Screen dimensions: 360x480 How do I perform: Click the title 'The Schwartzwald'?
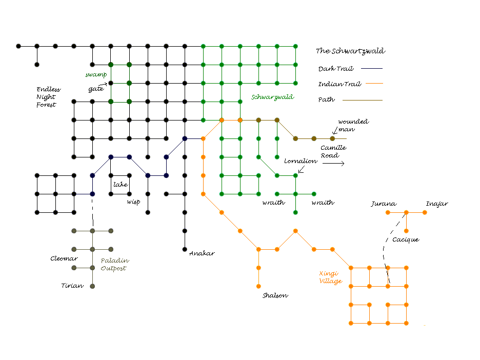350,51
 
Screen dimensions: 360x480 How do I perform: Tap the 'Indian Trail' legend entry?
336,84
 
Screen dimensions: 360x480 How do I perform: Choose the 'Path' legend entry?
326,99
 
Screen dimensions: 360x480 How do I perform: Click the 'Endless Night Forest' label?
48,97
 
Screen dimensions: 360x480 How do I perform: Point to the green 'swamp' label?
95,74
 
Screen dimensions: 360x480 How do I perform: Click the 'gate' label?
96,89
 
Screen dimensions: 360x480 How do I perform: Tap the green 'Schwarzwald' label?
272,97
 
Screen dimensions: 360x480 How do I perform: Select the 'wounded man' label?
353,126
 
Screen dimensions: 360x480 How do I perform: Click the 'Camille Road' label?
333,151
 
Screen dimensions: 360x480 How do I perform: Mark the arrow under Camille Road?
333,164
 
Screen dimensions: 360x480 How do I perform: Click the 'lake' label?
121,185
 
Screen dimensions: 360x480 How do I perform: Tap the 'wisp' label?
133,202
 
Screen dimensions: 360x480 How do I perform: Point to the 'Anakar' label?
202,253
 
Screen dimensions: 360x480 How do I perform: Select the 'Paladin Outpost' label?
113,264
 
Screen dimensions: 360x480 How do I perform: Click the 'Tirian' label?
72,286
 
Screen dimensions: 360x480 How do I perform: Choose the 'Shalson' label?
275,295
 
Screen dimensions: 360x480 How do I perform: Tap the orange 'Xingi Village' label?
331,277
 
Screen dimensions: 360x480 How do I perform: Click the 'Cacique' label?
405,239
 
